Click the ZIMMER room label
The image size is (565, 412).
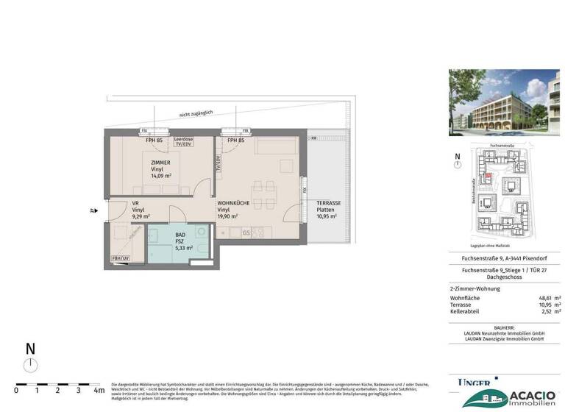(160, 163)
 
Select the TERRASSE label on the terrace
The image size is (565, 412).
(328, 203)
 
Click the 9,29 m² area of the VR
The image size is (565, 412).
(141, 217)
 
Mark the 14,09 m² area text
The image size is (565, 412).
(160, 177)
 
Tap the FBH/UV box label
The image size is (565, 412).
(119, 259)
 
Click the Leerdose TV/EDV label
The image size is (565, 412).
(183, 142)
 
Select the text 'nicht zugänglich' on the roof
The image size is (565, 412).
(195, 113)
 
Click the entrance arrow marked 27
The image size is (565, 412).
(93, 210)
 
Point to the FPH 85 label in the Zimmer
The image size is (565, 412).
(154, 140)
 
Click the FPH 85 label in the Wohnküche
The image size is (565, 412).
(235, 140)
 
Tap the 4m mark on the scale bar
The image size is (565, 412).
(99, 391)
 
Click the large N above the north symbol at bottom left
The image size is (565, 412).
(29, 349)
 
